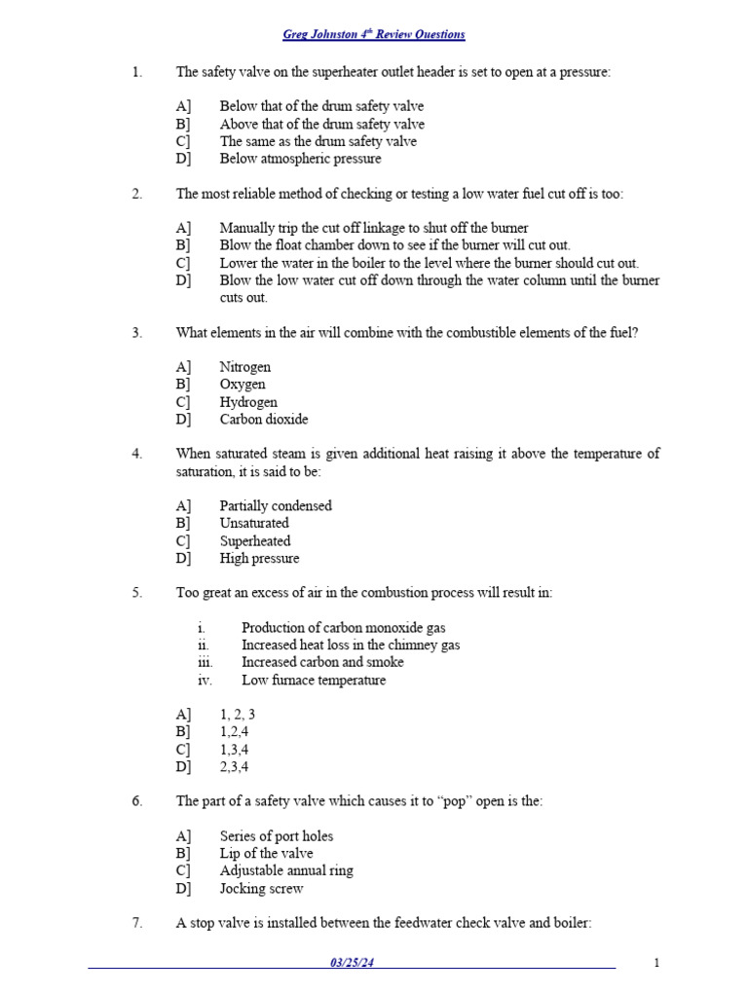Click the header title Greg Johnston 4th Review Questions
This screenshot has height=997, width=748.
pos(373,35)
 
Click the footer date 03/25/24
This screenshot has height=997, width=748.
pos(352,963)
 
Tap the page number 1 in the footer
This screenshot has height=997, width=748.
pos(656,963)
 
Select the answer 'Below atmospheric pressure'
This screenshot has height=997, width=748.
pos(300,159)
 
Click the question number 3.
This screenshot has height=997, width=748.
pos(137,333)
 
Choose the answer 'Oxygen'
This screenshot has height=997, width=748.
pos(243,385)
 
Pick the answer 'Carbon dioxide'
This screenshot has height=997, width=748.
pos(263,420)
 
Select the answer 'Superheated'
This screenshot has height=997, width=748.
pos(254,541)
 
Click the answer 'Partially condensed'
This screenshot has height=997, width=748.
pos(275,506)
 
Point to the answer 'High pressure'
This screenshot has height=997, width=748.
pos(259,559)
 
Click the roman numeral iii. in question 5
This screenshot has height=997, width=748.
pos(205,663)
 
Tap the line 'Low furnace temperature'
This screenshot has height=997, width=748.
pos(313,681)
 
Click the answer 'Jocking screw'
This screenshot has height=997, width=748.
pos(261,889)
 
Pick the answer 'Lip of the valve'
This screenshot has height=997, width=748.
pos(266,854)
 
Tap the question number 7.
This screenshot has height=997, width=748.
pos(137,923)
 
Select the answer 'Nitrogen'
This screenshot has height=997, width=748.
pos(244,367)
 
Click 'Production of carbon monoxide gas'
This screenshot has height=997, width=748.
pos(343,628)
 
